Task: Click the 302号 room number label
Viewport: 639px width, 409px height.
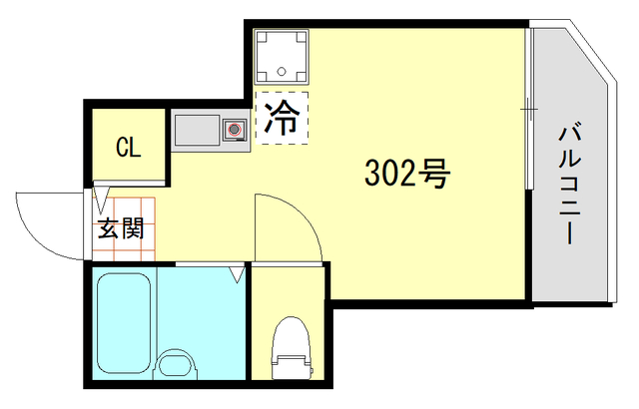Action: pyautogui.click(x=406, y=176)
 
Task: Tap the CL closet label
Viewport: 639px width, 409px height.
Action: pyautogui.click(x=128, y=149)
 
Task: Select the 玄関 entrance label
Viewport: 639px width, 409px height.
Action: pyautogui.click(x=119, y=228)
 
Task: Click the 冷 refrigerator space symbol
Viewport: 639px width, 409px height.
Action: pyautogui.click(x=283, y=119)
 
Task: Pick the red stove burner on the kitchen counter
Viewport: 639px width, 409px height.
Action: pyautogui.click(x=236, y=129)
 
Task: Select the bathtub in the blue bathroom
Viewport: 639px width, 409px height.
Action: pyautogui.click(x=125, y=321)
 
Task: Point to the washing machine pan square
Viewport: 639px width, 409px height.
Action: pyautogui.click(x=282, y=56)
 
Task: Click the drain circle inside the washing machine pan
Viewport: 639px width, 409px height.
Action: pyautogui.click(x=283, y=72)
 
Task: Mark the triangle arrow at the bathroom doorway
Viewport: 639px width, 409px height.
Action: pyautogui.click(x=237, y=270)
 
